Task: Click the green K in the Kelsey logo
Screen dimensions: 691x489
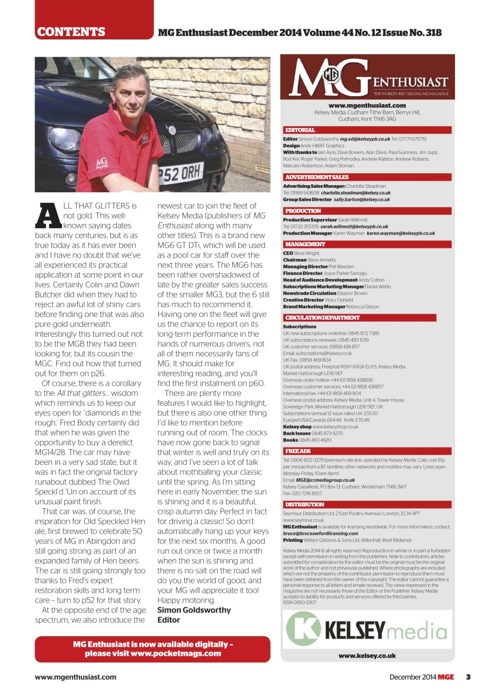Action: coord(303,630)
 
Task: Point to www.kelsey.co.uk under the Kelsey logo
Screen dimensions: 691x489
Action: coord(367,656)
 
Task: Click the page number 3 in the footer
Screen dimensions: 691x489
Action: coord(468,677)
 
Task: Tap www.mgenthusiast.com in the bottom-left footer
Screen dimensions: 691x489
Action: coord(76,677)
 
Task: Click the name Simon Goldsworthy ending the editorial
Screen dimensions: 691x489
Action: coord(194,610)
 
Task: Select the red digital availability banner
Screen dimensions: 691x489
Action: coord(152,649)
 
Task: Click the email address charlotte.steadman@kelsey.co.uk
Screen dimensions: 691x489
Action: coord(356,193)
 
